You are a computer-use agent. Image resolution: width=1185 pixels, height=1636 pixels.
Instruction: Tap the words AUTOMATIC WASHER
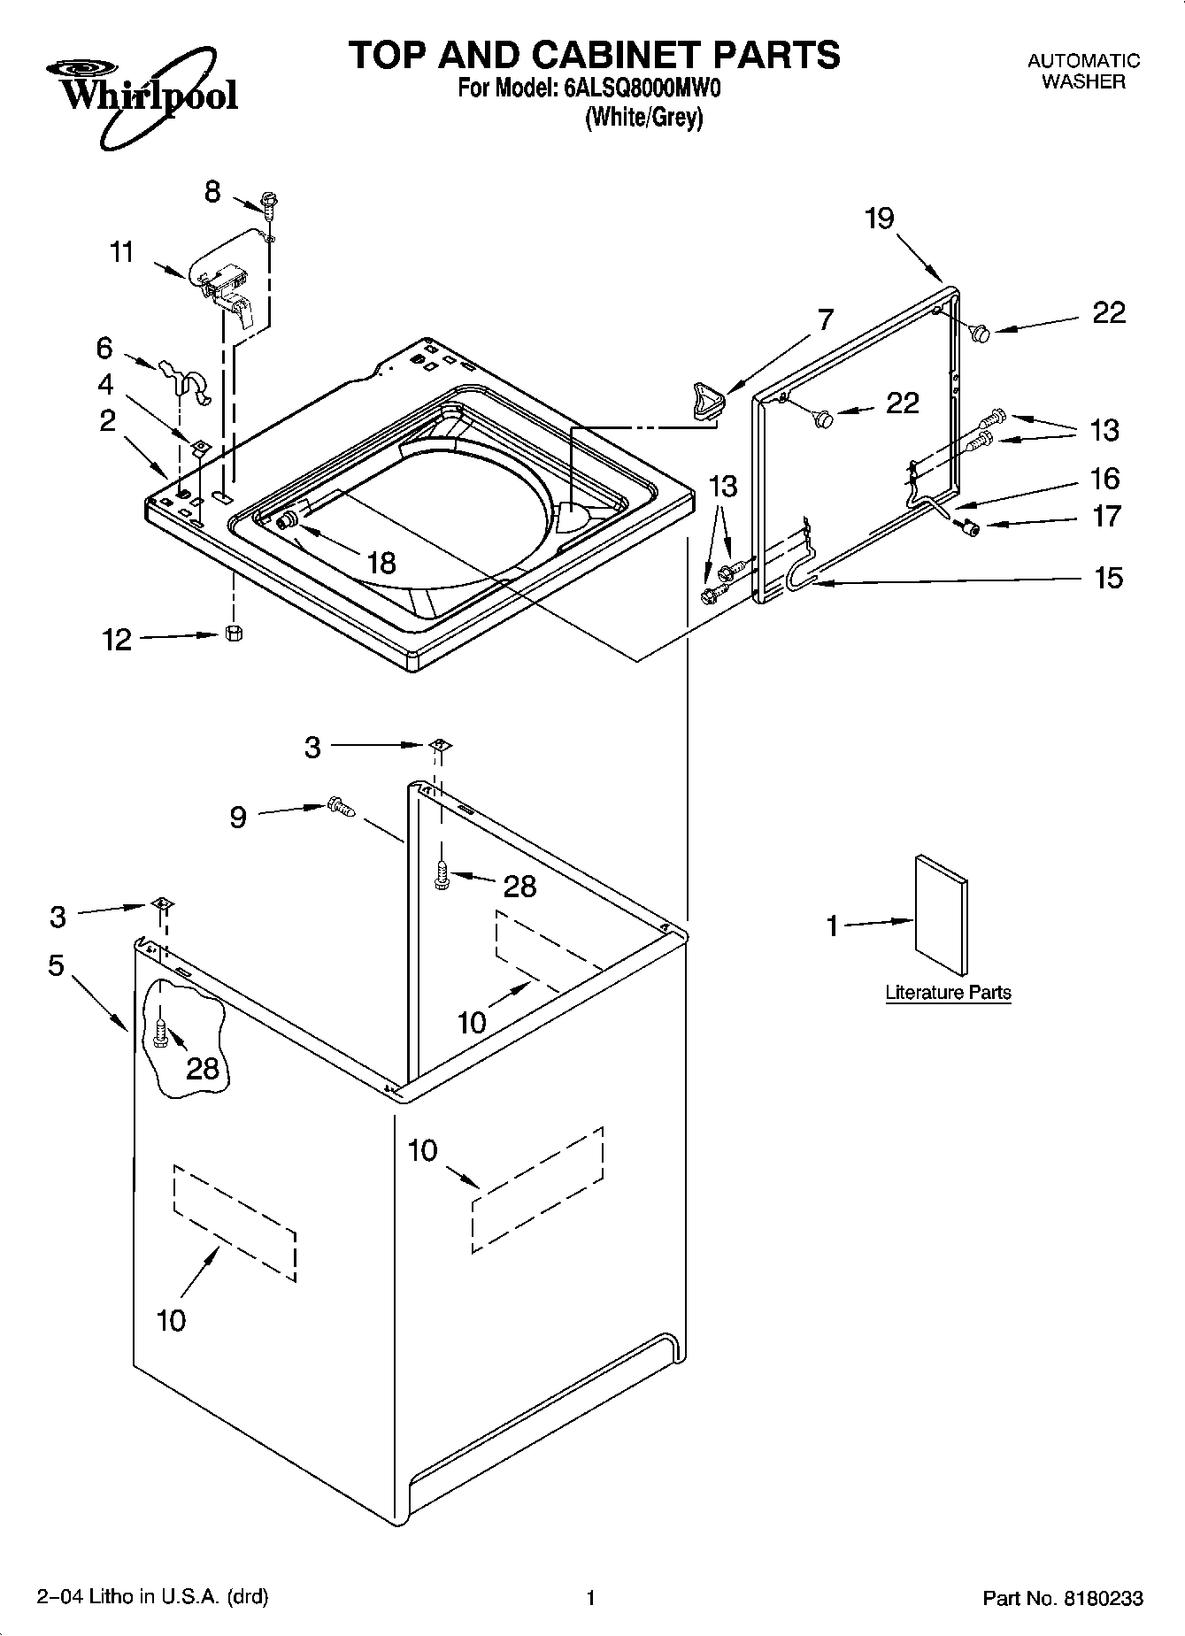[x=1083, y=71]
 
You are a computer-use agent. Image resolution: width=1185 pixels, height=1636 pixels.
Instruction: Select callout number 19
[x=880, y=218]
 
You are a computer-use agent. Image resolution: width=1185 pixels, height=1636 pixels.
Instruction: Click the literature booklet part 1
[x=942, y=915]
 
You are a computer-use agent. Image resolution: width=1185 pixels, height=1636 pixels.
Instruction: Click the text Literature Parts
[x=948, y=992]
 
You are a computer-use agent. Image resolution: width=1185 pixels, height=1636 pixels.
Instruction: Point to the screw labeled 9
[x=341, y=806]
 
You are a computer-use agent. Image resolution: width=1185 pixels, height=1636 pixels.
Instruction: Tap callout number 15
[x=1107, y=579]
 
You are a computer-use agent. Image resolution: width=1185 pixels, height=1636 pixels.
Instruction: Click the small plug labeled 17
[x=971, y=528]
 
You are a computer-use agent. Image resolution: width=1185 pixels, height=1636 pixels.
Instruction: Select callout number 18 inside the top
[x=381, y=562]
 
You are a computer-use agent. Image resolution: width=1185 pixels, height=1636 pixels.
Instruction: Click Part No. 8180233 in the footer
[x=1063, y=1598]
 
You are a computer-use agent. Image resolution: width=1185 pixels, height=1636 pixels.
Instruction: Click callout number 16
[x=1105, y=479]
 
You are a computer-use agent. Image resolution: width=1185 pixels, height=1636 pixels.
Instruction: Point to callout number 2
[x=107, y=420]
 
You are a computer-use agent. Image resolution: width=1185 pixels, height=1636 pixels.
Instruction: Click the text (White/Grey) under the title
[x=643, y=119]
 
